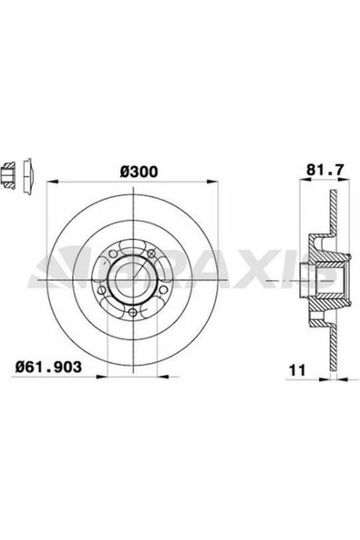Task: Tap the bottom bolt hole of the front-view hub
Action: pos(134,315)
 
